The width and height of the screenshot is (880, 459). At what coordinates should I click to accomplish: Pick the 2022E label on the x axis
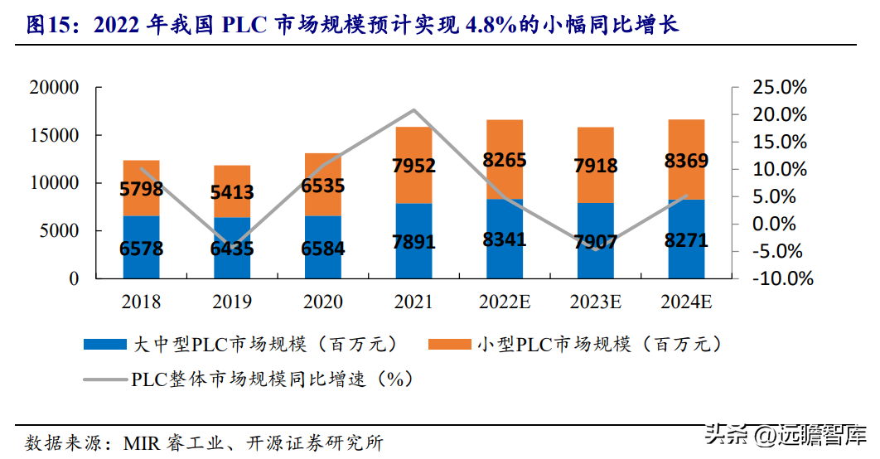tap(505, 302)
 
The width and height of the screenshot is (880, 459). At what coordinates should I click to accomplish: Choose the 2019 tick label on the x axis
tap(231, 302)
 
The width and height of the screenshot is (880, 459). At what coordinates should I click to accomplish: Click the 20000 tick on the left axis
tap(52, 88)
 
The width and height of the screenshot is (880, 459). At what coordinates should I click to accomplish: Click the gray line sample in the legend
tap(105, 380)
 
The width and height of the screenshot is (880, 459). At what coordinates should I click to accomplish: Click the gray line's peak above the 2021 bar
tap(413, 110)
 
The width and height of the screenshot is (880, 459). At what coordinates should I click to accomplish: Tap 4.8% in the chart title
tap(494, 26)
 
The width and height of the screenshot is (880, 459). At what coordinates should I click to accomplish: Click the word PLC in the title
tap(245, 26)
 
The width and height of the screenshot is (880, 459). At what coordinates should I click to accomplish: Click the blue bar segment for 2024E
tap(686, 249)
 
